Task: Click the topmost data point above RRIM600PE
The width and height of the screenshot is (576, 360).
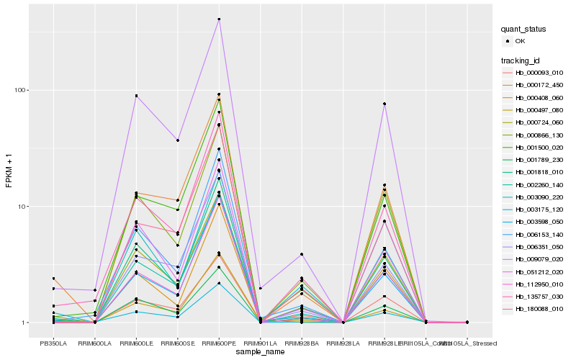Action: point(219,19)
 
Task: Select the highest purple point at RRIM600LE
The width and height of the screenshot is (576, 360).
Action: point(136,96)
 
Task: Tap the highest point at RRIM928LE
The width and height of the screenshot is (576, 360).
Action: point(384,104)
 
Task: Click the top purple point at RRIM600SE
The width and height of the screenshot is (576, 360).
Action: point(178,140)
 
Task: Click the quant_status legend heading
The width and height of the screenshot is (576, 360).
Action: point(524,29)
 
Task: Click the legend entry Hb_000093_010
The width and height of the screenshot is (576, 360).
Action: point(539,73)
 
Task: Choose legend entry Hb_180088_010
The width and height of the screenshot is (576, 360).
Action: point(539,308)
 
